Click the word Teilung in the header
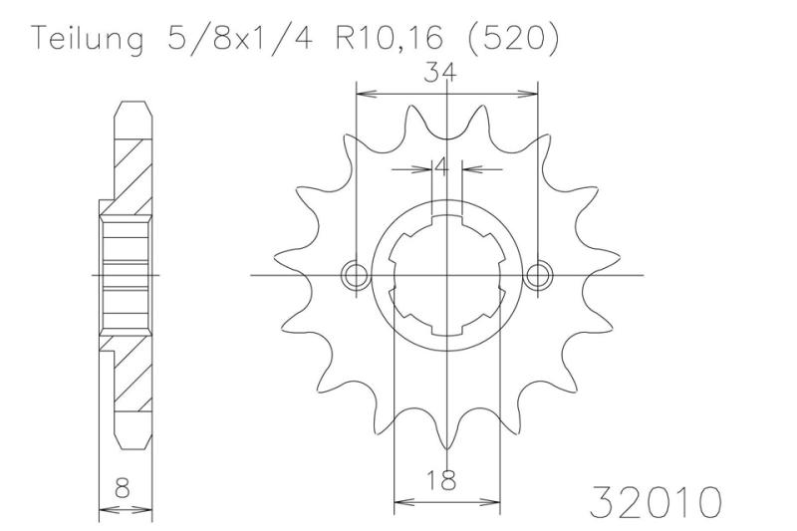(x=88, y=39)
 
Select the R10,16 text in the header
(x=389, y=38)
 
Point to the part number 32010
(x=656, y=502)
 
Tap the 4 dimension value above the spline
(x=442, y=167)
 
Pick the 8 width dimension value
(x=123, y=488)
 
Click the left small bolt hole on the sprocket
(x=356, y=276)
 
